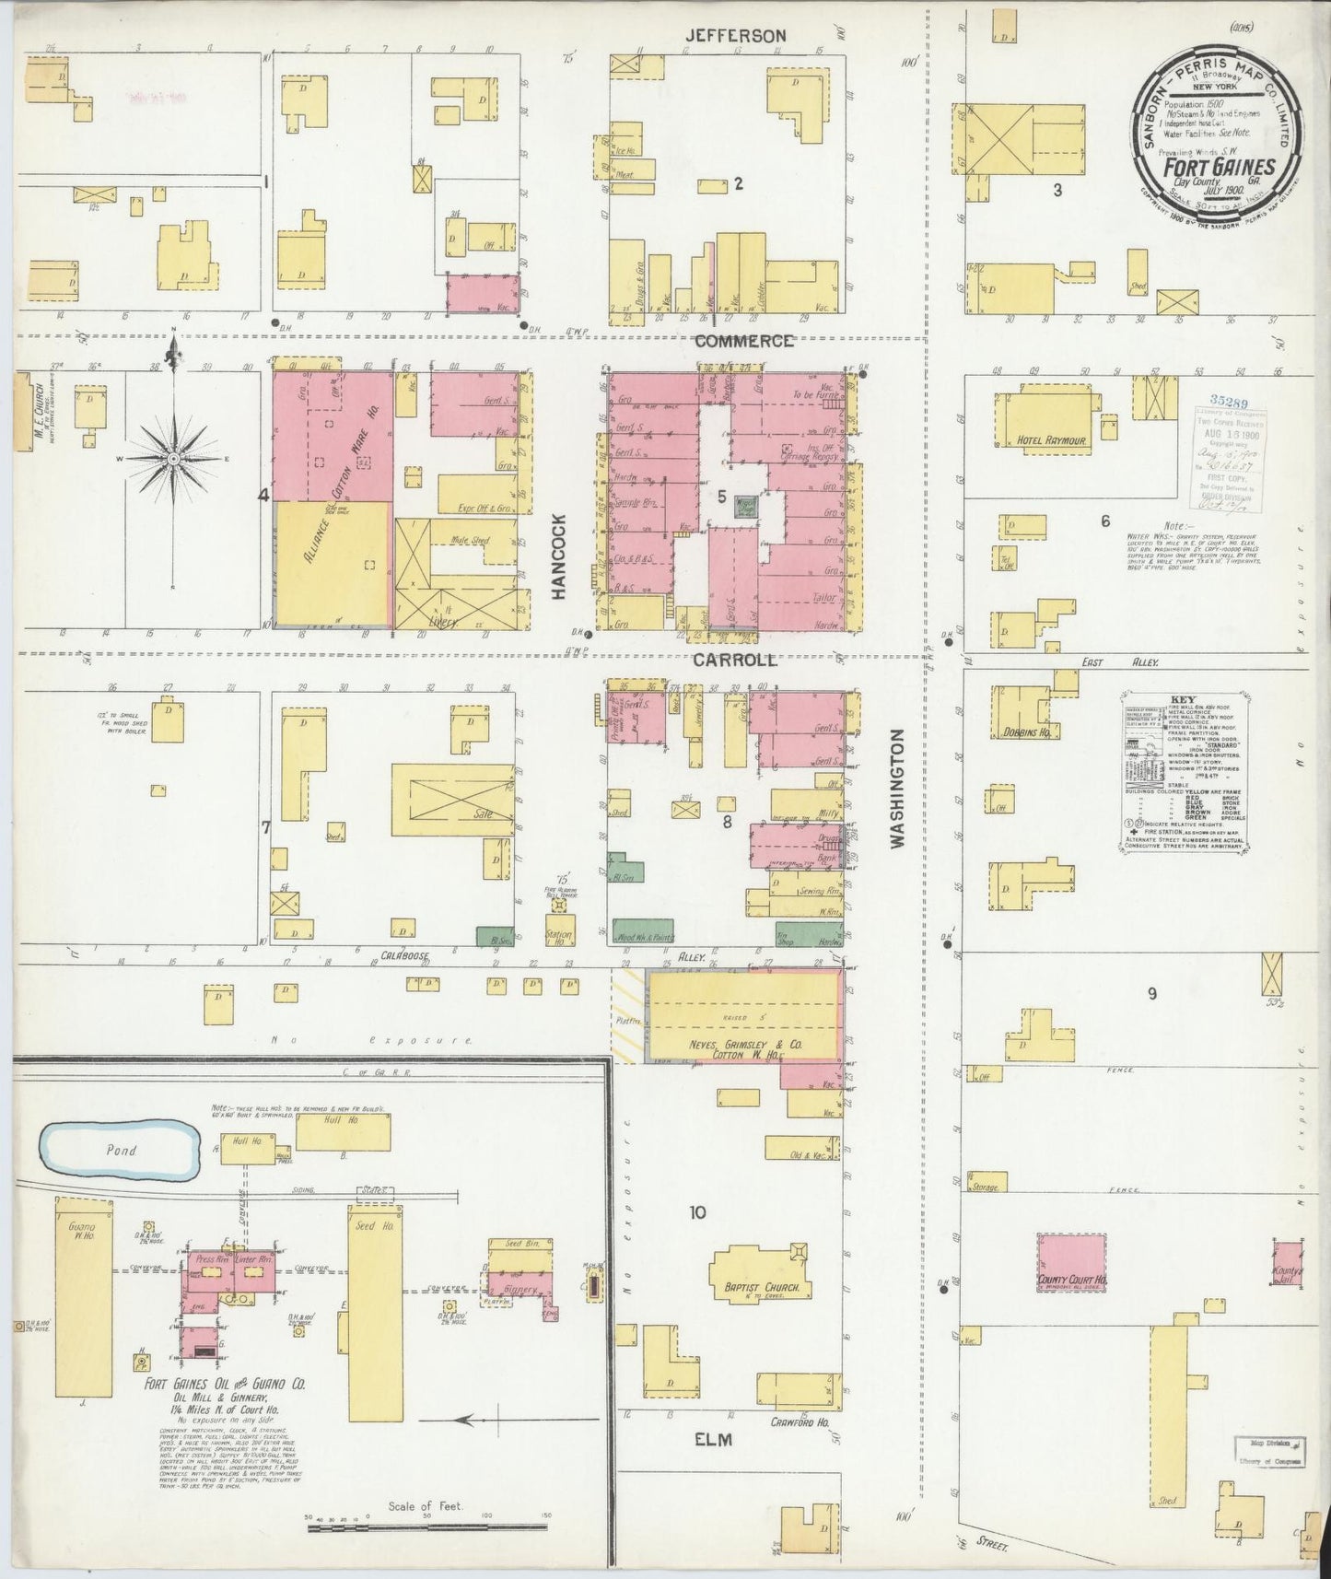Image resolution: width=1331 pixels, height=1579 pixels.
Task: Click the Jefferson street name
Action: (x=735, y=36)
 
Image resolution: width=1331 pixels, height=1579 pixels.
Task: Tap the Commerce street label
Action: (x=743, y=341)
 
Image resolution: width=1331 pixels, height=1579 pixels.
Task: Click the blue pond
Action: (x=120, y=1151)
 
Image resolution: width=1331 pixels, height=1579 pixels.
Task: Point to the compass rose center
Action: (x=173, y=458)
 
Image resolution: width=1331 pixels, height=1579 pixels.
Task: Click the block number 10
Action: (x=696, y=1212)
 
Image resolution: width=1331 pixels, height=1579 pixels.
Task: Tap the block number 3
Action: (x=1057, y=191)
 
